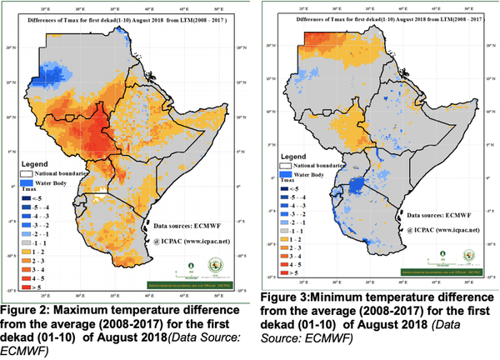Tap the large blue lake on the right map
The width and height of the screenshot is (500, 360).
pos(360,185)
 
